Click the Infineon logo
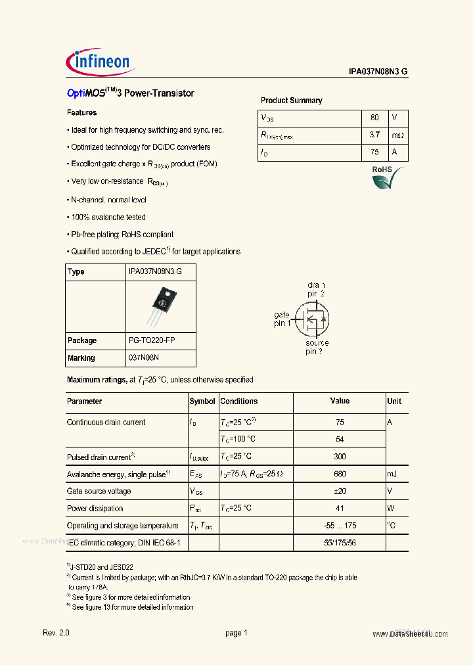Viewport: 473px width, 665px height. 101,62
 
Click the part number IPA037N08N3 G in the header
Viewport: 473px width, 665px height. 378,73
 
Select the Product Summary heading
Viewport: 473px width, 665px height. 291,101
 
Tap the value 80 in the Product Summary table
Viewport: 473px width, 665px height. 374,118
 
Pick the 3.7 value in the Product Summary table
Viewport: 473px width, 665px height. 374,135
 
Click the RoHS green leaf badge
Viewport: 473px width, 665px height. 388,177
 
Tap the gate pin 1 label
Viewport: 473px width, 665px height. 282,319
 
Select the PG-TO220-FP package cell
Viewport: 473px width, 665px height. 152,340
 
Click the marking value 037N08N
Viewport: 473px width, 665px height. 144,357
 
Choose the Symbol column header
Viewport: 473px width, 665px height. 202,401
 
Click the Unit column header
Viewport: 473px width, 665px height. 394,401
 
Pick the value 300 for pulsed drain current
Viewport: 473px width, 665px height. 340,457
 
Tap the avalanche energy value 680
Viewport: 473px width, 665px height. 340,474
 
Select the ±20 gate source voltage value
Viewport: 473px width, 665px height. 340,491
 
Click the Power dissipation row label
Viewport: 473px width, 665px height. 95,508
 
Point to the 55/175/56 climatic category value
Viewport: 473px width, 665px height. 340,543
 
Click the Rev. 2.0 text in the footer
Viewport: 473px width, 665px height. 56,633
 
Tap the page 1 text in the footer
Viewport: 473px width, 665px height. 236,633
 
